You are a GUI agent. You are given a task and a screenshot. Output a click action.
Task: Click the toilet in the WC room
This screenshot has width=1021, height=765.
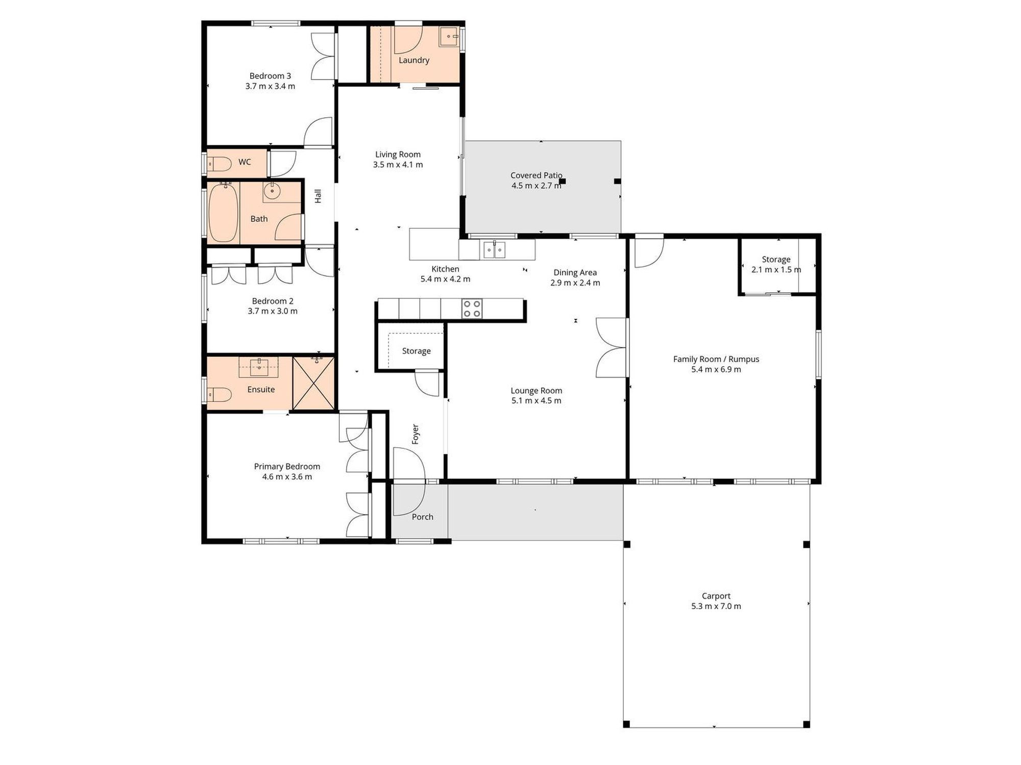[x=220, y=164]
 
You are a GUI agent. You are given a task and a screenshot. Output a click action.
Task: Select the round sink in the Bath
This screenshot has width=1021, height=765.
[x=273, y=192]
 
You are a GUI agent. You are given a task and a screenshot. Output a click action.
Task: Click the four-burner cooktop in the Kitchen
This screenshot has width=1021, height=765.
[x=472, y=309]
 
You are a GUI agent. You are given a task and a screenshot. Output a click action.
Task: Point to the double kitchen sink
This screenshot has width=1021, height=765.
[x=494, y=250]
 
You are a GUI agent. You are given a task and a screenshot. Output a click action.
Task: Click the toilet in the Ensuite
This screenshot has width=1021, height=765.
[x=220, y=394]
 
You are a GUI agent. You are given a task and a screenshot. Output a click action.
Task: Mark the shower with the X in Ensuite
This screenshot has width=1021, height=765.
[x=313, y=384]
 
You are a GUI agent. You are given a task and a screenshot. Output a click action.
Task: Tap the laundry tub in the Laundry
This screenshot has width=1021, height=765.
[x=449, y=36]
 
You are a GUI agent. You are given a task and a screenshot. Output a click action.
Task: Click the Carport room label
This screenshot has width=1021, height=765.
[x=716, y=596]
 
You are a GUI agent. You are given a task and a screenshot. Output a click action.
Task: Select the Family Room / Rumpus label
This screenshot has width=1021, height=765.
[x=716, y=359]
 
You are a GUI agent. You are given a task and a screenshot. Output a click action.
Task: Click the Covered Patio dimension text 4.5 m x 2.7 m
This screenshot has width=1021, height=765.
[x=537, y=186]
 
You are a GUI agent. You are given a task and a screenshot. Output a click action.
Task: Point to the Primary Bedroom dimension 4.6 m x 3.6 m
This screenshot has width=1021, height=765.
[x=287, y=477]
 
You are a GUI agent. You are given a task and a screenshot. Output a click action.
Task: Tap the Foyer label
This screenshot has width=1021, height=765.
[x=416, y=434]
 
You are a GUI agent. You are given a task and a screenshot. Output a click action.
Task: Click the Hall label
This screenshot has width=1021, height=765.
[x=318, y=196]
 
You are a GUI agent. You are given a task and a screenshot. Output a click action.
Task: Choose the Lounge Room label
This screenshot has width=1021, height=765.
[x=537, y=391]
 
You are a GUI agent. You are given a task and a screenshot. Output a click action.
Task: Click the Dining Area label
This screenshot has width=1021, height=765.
[x=575, y=272]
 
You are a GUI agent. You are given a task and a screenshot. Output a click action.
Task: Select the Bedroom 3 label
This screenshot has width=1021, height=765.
[x=270, y=76]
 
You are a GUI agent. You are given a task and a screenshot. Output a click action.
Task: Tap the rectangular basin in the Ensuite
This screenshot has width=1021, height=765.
[x=259, y=366]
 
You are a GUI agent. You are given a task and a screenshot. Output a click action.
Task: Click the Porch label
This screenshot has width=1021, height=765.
[x=423, y=517]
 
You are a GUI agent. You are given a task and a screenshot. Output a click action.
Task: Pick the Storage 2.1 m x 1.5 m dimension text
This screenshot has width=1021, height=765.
[x=776, y=270]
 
